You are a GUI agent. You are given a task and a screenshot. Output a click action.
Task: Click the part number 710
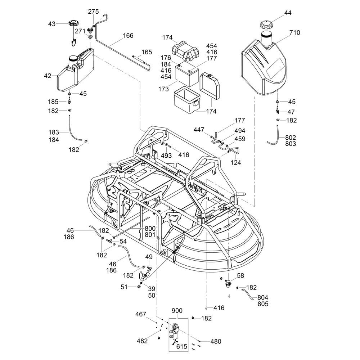click(294, 33)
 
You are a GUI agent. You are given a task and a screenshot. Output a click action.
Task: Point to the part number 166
click(128, 36)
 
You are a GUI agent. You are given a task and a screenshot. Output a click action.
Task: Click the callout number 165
click(147, 52)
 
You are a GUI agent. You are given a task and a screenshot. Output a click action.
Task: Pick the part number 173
click(163, 89)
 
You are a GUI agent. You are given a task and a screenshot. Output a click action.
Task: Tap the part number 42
click(48, 76)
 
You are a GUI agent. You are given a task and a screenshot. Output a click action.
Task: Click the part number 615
click(181, 346)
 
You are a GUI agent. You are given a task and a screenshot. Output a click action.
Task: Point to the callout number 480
click(215, 342)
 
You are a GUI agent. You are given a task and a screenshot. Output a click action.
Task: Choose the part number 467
click(141, 314)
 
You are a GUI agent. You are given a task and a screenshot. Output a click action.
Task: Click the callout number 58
click(240, 275)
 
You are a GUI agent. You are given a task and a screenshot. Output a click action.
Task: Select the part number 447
click(199, 130)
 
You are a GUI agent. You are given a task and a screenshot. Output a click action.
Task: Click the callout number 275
click(94, 12)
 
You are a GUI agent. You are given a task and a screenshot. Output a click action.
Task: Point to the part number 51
click(124, 287)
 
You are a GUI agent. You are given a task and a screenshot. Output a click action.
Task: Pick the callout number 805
click(263, 304)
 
